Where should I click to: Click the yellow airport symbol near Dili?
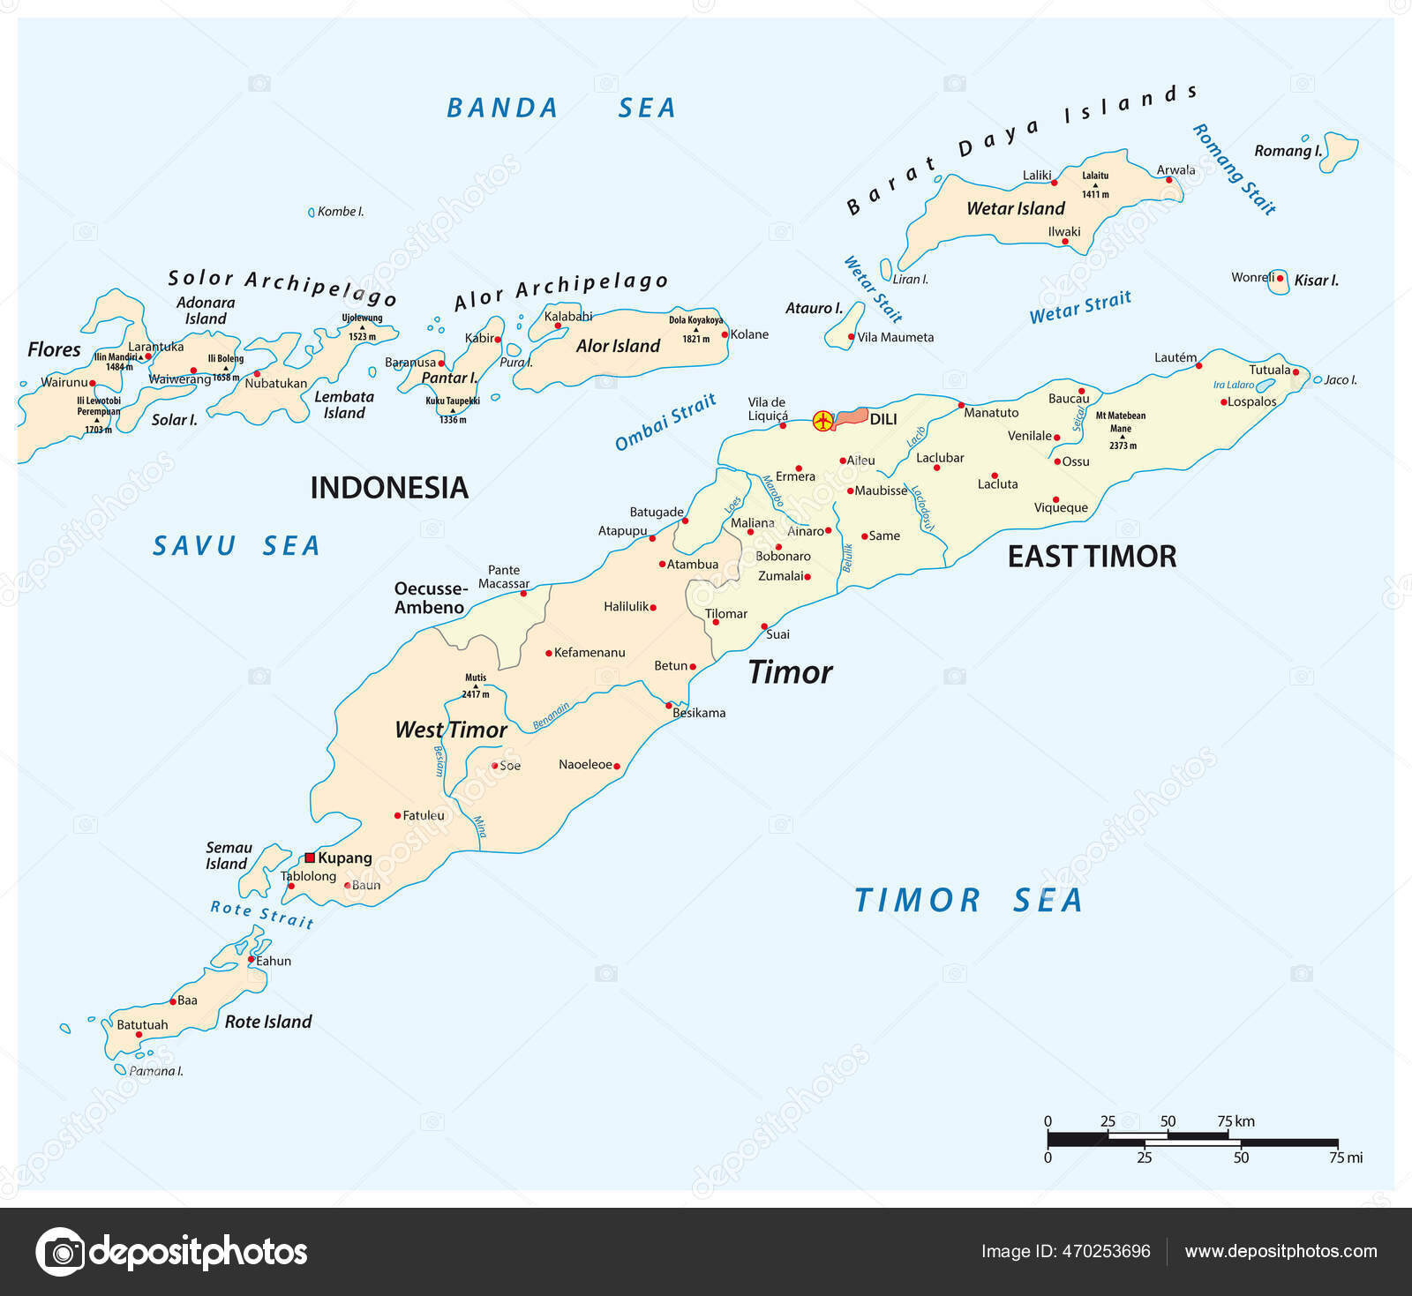point(822,421)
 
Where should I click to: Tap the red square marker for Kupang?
point(310,858)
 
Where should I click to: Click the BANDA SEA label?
point(561,109)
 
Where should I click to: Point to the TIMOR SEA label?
point(968,901)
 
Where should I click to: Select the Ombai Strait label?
point(665,423)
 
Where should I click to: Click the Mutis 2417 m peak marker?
point(476,685)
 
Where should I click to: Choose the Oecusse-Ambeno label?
point(430,598)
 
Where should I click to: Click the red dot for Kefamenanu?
point(548,654)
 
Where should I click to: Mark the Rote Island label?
point(268,1022)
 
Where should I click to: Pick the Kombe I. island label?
point(340,212)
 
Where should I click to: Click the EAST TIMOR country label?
point(1092,557)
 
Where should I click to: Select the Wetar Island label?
point(1015,209)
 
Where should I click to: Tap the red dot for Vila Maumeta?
point(851,337)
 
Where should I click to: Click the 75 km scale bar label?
point(1235,1121)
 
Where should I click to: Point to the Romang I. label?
point(1288,151)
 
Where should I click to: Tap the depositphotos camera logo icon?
point(61,1251)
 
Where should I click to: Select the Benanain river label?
point(552,716)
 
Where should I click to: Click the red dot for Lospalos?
point(1224,402)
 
